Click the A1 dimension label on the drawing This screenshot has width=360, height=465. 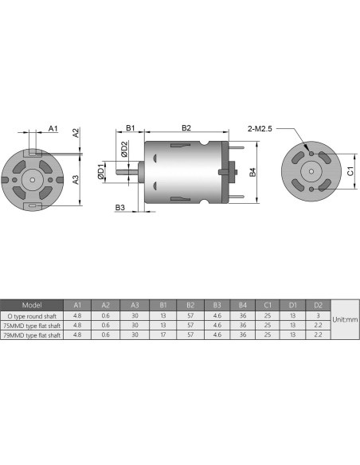53,127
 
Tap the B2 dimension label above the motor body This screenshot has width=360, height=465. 186,127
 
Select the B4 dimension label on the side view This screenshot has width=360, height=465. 252,171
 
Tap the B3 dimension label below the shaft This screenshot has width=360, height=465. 120,208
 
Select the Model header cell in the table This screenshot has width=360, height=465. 32,304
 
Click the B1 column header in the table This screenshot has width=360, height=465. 162,304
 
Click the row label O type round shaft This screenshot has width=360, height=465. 32,315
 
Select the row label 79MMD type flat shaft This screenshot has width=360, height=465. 32,335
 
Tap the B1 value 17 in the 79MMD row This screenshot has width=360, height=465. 162,335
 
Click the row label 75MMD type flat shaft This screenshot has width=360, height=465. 32,325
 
